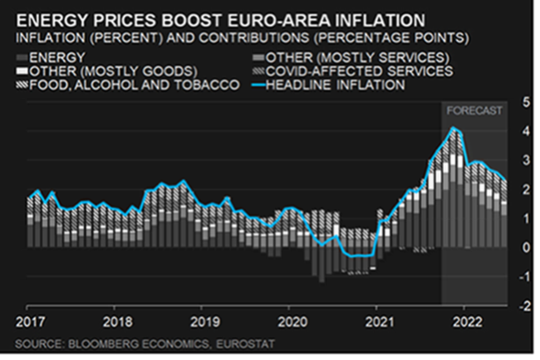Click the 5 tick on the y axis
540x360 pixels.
(x=517, y=101)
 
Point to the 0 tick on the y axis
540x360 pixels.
(x=517, y=247)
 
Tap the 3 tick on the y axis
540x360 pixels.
(x=517, y=160)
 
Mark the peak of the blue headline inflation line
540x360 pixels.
(x=452, y=128)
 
